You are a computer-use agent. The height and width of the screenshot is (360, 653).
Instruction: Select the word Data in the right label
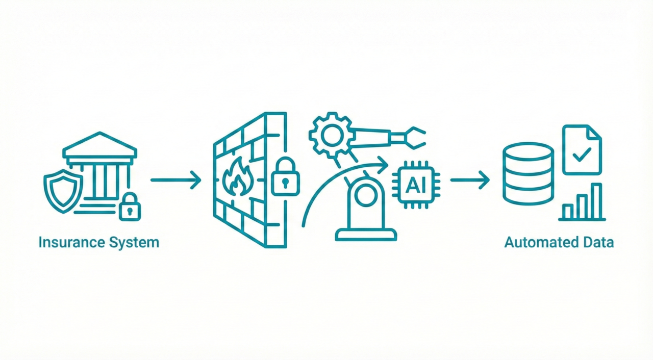click(598, 243)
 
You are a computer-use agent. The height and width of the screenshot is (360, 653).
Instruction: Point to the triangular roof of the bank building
click(100, 145)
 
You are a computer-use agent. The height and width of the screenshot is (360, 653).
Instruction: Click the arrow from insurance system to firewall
click(176, 181)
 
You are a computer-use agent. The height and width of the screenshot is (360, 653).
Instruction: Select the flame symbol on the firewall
click(238, 177)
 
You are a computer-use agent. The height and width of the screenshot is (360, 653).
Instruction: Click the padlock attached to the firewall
click(285, 177)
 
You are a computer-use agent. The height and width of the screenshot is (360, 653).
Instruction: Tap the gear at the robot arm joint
click(332, 136)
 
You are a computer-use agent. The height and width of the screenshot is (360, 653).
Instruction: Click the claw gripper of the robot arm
click(412, 138)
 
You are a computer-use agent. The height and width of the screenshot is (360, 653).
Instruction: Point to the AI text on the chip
click(416, 185)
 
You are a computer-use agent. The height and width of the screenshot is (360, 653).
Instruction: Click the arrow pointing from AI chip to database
click(470, 181)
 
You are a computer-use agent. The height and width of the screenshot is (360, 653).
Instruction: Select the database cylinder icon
click(528, 173)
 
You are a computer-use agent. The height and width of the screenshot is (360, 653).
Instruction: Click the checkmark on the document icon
click(582, 155)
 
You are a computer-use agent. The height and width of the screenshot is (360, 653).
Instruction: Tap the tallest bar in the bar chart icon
click(597, 201)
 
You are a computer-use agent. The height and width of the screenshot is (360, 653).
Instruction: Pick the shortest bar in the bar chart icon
click(567, 212)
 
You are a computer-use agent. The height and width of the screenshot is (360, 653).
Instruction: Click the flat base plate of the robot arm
click(366, 235)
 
